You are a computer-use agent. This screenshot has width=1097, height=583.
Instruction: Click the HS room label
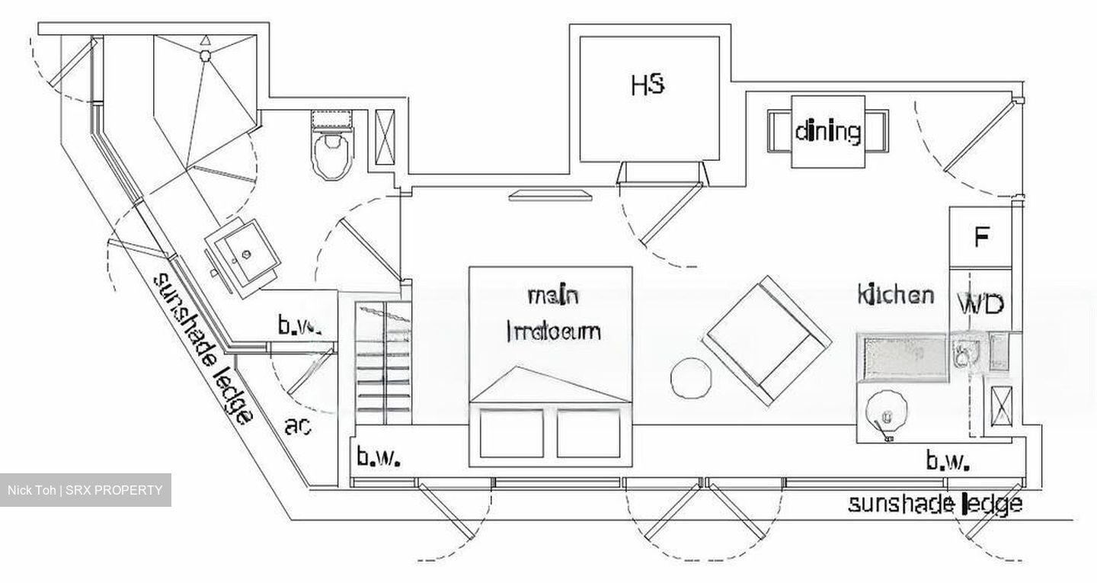pyautogui.click(x=648, y=84)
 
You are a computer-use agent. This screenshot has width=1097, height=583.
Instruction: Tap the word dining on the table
pyautogui.click(x=828, y=132)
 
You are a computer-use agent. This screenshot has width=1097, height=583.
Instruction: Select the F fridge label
pyautogui.click(x=981, y=238)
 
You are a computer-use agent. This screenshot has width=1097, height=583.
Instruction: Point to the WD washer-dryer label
pyautogui.click(x=980, y=305)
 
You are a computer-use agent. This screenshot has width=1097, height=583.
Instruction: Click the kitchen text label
pyautogui.click(x=895, y=294)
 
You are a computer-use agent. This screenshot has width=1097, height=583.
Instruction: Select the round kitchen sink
pyautogui.click(x=886, y=412)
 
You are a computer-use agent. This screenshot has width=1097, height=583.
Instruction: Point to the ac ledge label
pyautogui.click(x=298, y=427)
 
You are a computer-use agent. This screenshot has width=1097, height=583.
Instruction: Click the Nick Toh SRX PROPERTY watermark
pyautogui.click(x=85, y=490)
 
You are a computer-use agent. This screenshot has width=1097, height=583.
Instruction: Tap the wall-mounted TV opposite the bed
pyautogui.click(x=550, y=195)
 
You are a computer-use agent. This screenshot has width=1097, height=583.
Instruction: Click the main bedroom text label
pyautogui.click(x=553, y=313)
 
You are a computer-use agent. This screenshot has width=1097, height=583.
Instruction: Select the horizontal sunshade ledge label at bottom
pyautogui.click(x=935, y=505)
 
